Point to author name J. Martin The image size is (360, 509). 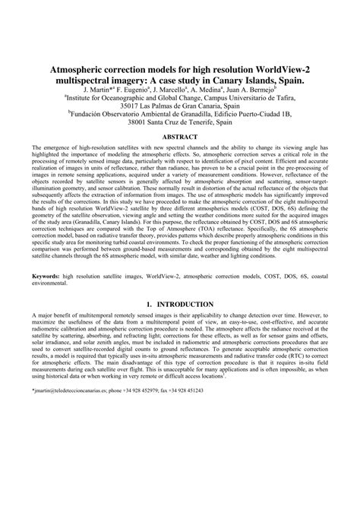click(x=99, y=89)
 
